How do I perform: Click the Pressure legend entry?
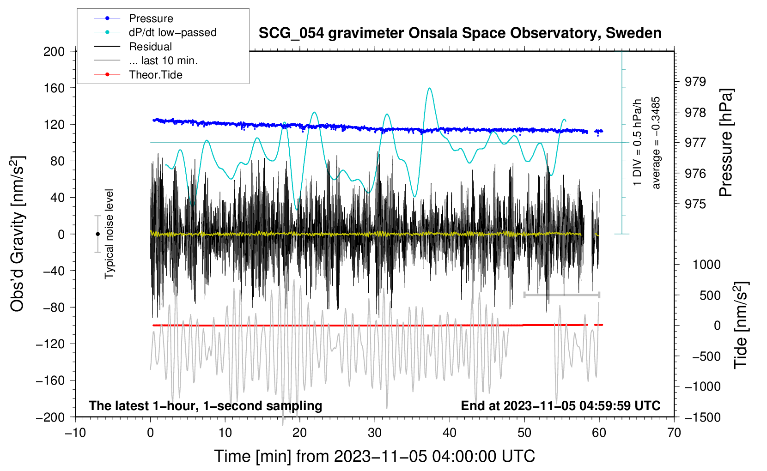click(x=134, y=18)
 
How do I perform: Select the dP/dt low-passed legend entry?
click(x=155, y=32)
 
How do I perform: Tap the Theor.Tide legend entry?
click(x=138, y=75)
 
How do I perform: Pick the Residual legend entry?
click(x=133, y=47)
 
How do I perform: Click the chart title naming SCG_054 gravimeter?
click(x=460, y=33)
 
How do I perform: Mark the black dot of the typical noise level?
click(x=97, y=234)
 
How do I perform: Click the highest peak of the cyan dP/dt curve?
click(x=429, y=88)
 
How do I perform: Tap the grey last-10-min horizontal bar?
click(x=561, y=295)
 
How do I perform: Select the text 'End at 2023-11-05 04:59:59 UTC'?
click(x=560, y=405)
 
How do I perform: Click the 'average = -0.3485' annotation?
click(x=655, y=143)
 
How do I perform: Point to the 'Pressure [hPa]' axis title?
click(x=725, y=143)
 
